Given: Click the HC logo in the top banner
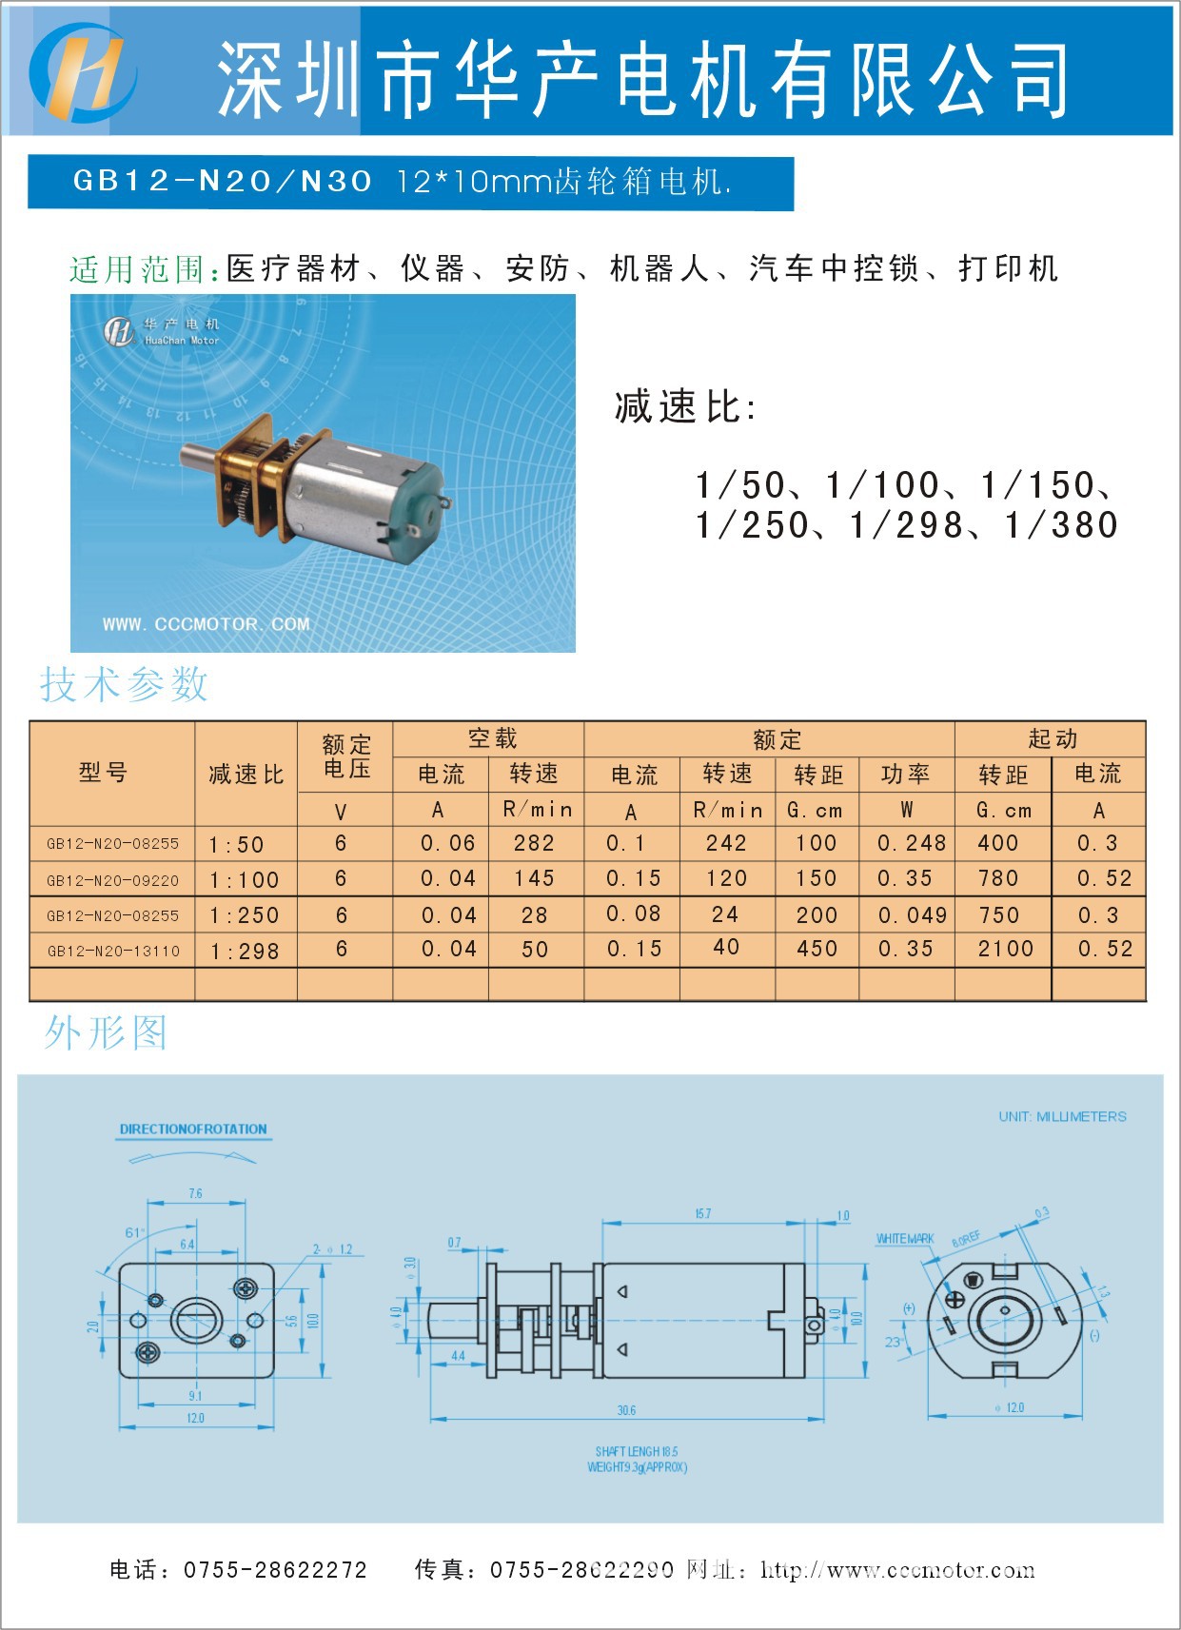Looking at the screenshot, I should click(83, 72).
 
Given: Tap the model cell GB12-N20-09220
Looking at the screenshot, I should click(112, 880).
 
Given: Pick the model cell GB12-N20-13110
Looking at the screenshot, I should click(112, 951).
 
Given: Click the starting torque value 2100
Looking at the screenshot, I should click(1005, 949).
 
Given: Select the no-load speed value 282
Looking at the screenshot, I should click(534, 843).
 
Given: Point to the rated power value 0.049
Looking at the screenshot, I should click(912, 915).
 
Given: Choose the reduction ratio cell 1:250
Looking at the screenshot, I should click(245, 915).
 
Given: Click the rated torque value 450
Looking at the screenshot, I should click(817, 949).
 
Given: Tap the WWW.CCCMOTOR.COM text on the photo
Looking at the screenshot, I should click(207, 624).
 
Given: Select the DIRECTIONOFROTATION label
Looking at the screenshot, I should click(193, 1129).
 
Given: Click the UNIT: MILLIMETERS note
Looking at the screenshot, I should click(1062, 1116).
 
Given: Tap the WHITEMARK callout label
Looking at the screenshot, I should click(904, 1239).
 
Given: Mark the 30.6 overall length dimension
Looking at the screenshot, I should click(626, 1410).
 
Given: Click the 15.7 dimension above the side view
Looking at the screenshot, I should click(702, 1213).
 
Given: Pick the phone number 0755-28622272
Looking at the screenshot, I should click(275, 1570).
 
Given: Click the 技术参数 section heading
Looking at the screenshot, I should click(124, 684).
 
